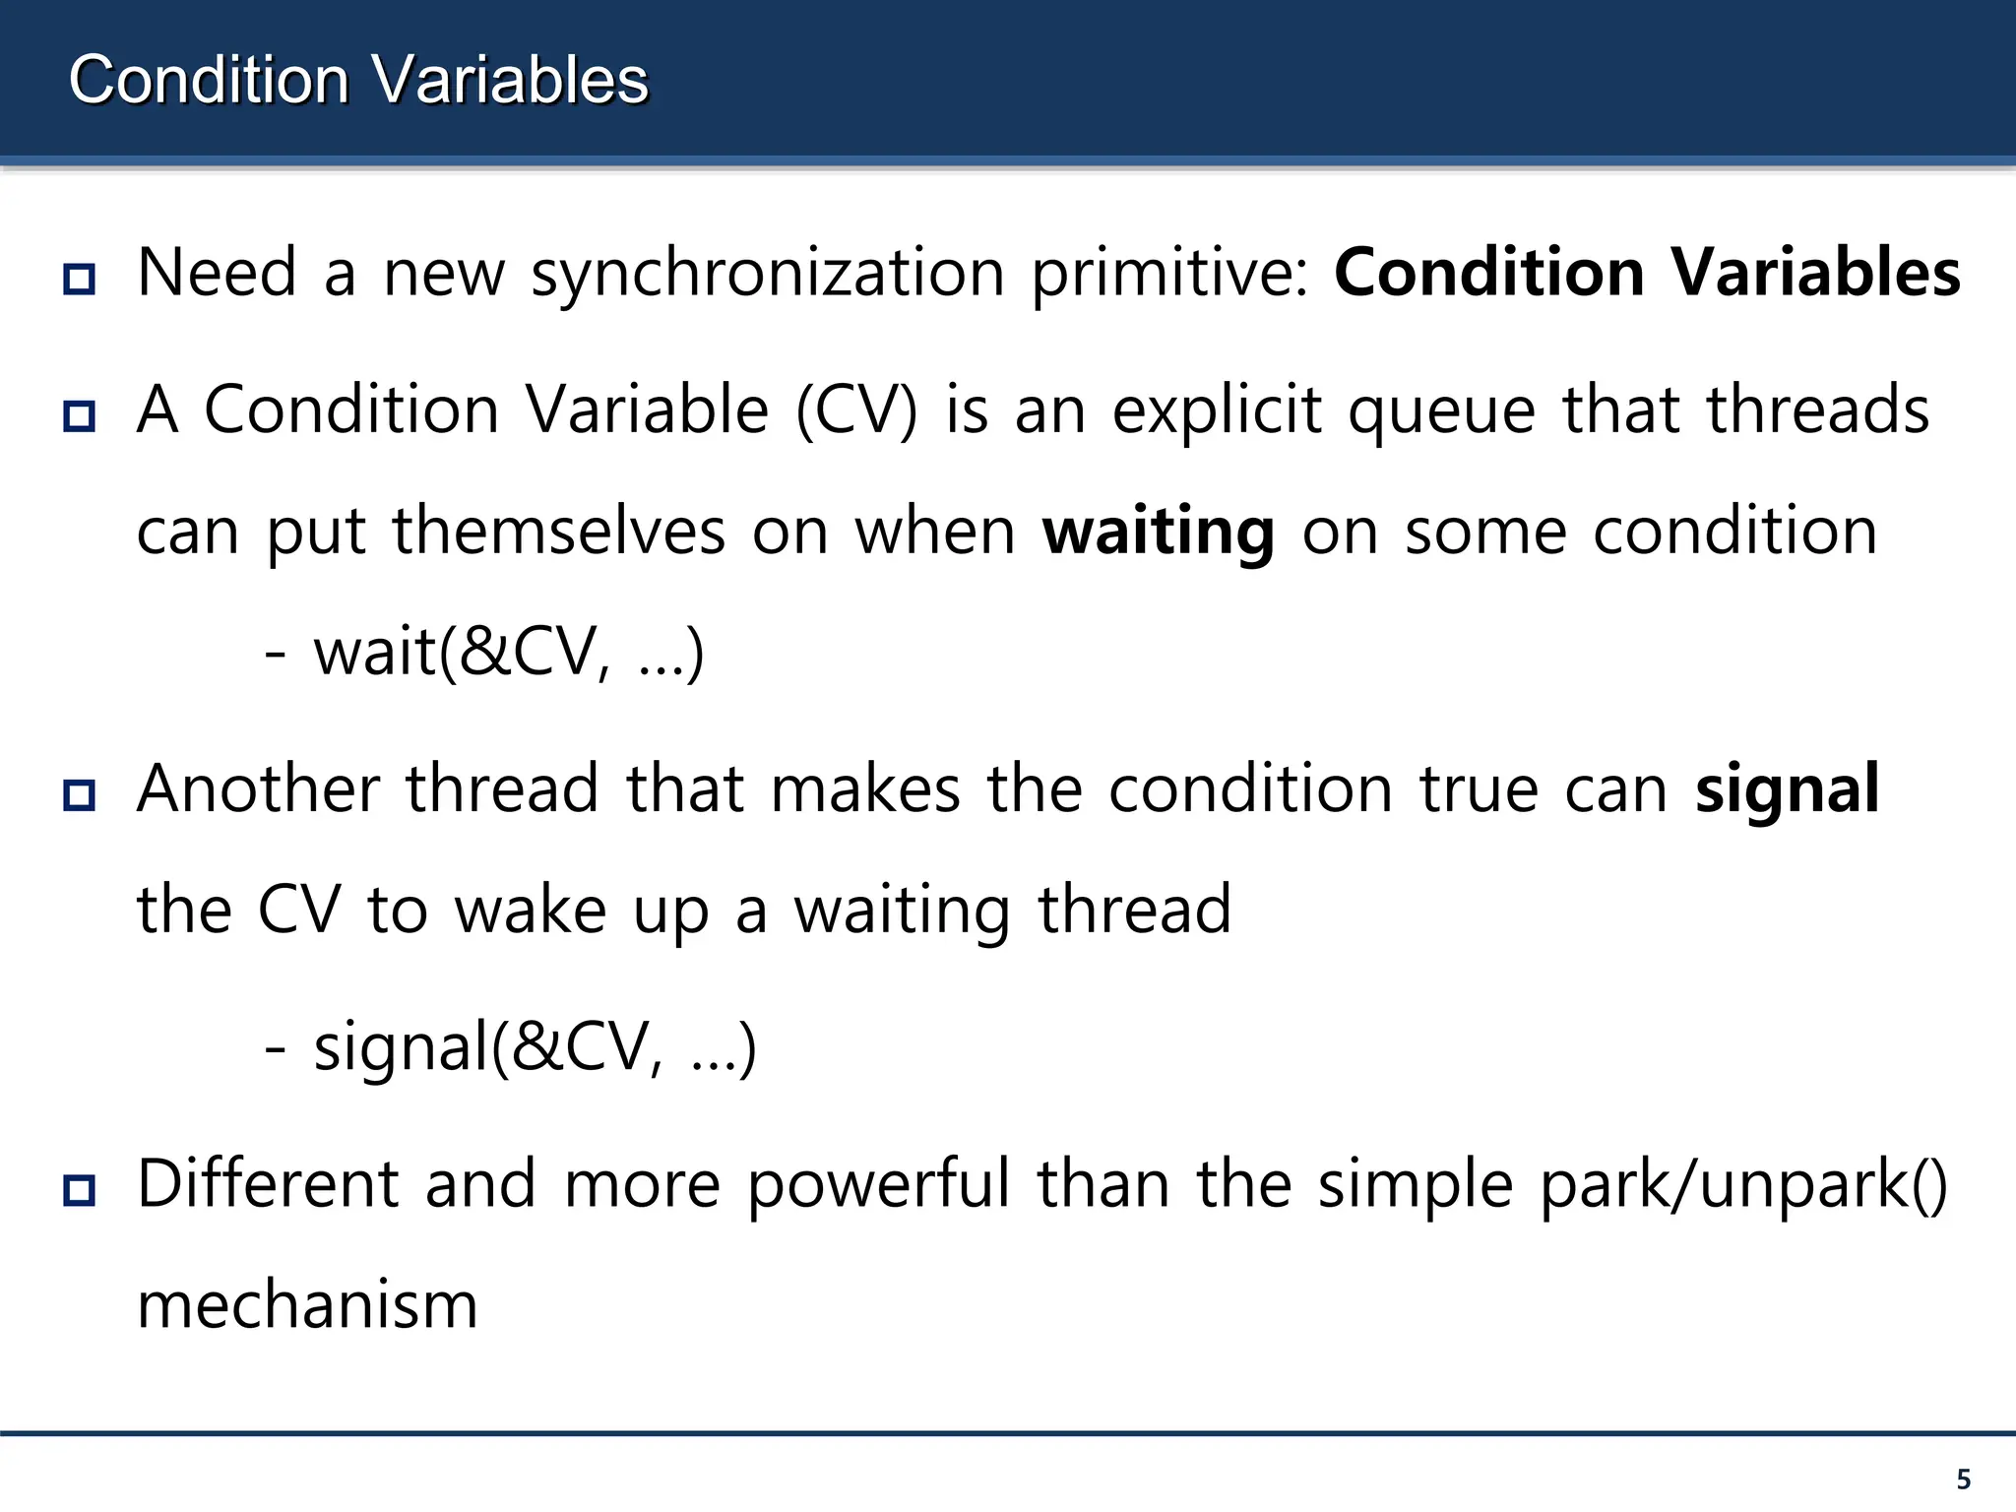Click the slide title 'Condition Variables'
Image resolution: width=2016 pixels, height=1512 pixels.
coord(358,80)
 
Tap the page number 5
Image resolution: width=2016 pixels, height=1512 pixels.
coord(1963,1479)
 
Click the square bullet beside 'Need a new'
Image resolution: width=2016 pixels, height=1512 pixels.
coord(79,279)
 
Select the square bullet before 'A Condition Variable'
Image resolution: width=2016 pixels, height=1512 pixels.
coord(79,415)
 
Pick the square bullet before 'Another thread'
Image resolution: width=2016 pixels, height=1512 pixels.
coord(79,794)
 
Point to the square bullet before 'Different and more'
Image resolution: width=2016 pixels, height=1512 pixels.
coord(79,1189)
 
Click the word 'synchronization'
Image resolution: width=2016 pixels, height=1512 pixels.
coord(768,274)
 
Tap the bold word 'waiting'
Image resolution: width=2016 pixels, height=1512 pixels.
coord(1159,533)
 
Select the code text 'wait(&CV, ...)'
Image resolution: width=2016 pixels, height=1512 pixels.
coord(508,653)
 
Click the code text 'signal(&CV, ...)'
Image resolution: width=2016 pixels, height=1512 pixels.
coord(535,1046)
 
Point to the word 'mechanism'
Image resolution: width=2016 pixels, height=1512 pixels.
coord(307,1305)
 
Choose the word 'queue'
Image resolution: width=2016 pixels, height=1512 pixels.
coord(1441,411)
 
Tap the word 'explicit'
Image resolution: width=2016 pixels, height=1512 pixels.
coord(1216,411)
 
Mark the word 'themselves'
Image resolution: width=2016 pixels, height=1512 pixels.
coord(559,533)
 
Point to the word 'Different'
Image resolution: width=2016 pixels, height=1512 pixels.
coord(268,1183)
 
